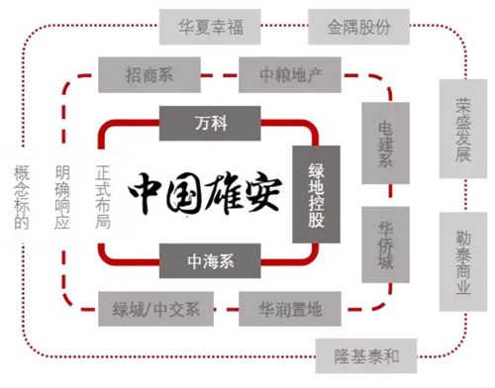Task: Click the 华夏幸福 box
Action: click(210, 27)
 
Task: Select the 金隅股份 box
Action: click(358, 27)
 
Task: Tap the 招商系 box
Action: click(149, 75)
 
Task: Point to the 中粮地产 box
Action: click(290, 75)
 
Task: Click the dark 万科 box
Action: click(210, 124)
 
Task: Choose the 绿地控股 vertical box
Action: click(316, 194)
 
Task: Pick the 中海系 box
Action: click(210, 260)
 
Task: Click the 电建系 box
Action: click(385, 143)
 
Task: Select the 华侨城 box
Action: click(385, 244)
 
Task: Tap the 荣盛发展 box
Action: click(463, 129)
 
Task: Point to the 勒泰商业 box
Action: click(463, 261)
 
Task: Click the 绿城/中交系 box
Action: click(155, 309)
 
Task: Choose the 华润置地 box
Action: click(290, 309)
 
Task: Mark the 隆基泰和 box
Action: click(366, 356)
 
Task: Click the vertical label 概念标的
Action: click(22, 197)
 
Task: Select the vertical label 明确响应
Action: click(62, 197)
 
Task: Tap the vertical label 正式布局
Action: click(103, 197)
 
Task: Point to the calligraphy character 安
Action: click(262, 193)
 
